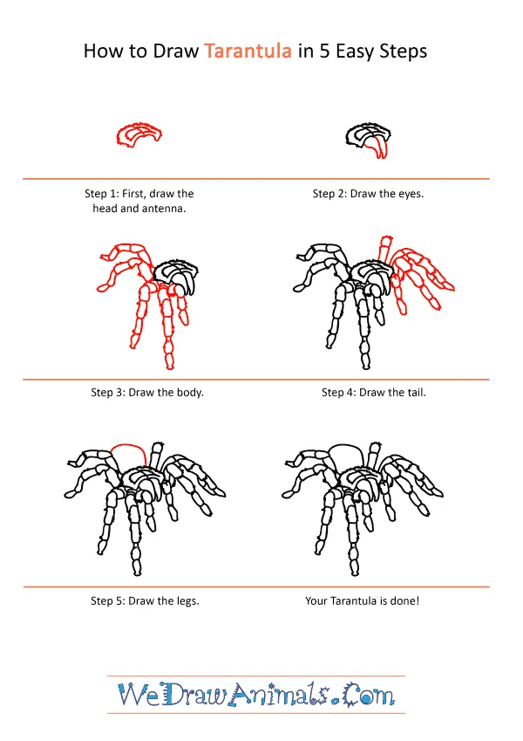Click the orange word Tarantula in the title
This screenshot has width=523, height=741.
248,51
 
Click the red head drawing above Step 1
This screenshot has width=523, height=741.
139,134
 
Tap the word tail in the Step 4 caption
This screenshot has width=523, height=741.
412,393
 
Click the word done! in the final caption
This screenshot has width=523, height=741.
403,601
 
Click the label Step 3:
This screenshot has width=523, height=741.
110,393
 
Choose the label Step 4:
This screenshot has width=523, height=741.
340,393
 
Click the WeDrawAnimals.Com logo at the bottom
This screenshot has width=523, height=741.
256,695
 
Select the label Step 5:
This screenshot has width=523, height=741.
110,601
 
